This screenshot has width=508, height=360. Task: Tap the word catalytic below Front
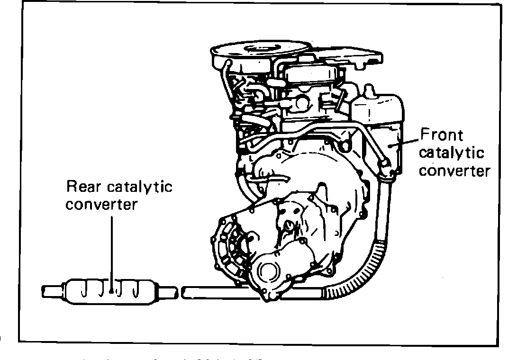pos(452,153)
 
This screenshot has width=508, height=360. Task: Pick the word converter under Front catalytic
pos(454,171)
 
